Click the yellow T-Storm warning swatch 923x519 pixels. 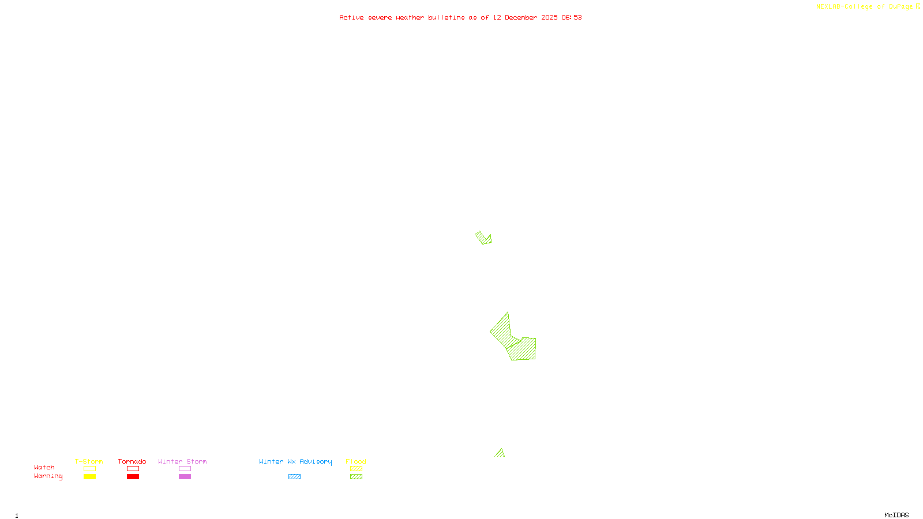(89, 477)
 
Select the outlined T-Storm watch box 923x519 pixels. (89, 469)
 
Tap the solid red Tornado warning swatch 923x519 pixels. (133, 477)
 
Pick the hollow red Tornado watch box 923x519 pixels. (133, 469)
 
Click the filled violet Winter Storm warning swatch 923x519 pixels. (185, 477)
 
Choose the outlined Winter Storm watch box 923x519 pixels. (185, 469)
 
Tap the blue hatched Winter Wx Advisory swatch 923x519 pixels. (294, 477)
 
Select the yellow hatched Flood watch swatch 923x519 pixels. (356, 469)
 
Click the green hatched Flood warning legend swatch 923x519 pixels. (356, 477)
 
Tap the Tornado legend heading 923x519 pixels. (132, 461)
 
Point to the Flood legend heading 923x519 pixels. (356, 461)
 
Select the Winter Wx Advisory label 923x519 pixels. (295, 461)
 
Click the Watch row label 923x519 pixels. (44, 467)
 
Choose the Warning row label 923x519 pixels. (48, 476)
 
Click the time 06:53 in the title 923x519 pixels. (572, 17)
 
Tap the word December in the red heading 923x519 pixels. (521, 17)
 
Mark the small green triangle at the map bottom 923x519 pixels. (500, 454)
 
